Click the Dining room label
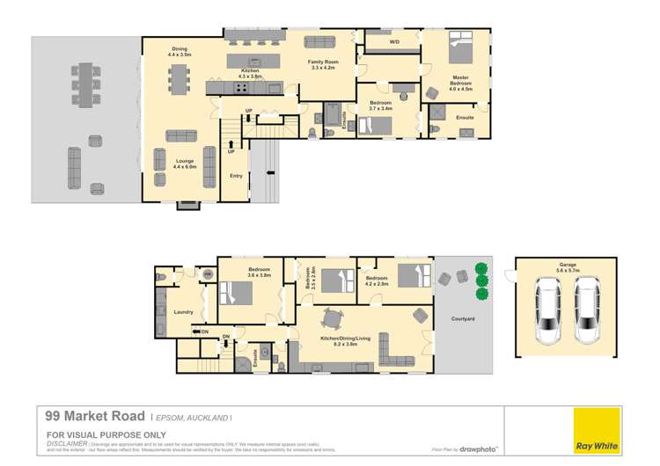tap(179, 51)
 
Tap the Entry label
tap(236, 176)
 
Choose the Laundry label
tap(184, 311)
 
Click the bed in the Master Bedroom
tap(461, 48)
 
